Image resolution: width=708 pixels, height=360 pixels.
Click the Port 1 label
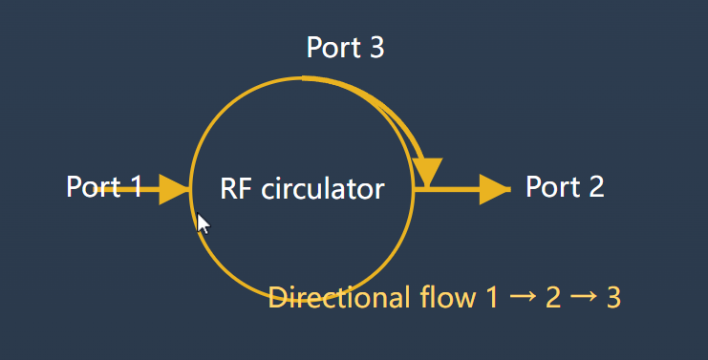coord(104,186)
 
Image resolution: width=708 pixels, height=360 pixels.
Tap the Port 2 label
coord(565,186)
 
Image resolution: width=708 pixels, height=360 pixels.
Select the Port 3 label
coord(345,48)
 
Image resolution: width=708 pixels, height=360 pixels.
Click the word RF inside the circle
coord(234,188)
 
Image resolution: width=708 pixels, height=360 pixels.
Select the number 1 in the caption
coord(491,298)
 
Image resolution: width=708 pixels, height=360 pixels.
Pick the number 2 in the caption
coord(552,298)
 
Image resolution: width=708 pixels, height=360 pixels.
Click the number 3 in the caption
coord(613,298)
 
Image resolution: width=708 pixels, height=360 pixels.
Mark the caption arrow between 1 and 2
coord(522,298)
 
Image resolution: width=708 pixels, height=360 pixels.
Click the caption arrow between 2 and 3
coord(583,298)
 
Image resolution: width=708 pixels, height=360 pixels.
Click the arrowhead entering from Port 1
coord(174,189)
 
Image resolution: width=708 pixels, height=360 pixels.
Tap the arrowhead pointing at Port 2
coord(494,189)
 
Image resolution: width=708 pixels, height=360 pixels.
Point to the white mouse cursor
coord(202,222)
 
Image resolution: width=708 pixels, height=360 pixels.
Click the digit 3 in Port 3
coord(375,48)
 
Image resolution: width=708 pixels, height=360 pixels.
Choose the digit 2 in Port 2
coord(594,186)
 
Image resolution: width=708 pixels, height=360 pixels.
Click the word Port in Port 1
coord(93,186)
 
